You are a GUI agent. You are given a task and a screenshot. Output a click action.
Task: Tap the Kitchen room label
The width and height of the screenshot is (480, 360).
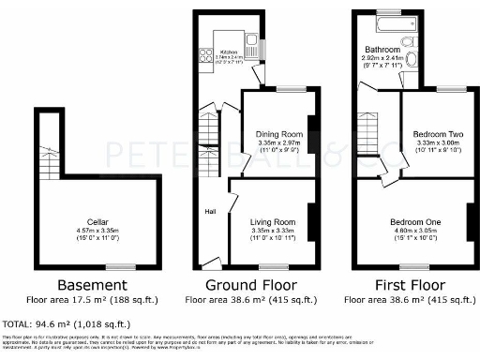click(x=228, y=52)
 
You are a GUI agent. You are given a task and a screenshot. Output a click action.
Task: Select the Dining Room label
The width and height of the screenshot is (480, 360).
click(x=277, y=134)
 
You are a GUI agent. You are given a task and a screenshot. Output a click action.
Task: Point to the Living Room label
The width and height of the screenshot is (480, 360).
click(x=277, y=221)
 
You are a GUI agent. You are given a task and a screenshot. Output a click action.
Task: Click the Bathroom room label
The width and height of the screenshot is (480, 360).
click(x=382, y=48)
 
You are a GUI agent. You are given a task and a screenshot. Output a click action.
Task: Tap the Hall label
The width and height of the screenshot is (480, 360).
click(x=211, y=211)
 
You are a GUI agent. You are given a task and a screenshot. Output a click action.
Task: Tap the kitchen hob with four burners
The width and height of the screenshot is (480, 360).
click(x=205, y=58)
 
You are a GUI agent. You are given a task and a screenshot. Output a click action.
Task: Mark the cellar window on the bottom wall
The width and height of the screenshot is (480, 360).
click(x=116, y=267)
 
